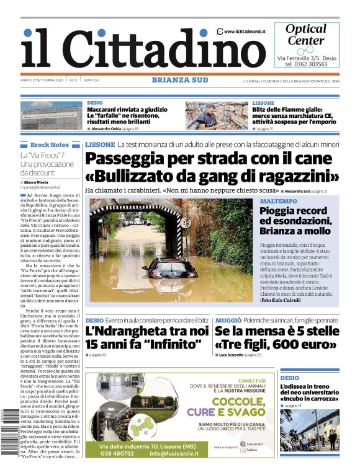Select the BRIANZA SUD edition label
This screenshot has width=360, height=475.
[x=180, y=79]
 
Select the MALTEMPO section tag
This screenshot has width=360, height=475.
[x=278, y=202]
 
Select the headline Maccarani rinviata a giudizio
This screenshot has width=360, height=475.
[x=127, y=109]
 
